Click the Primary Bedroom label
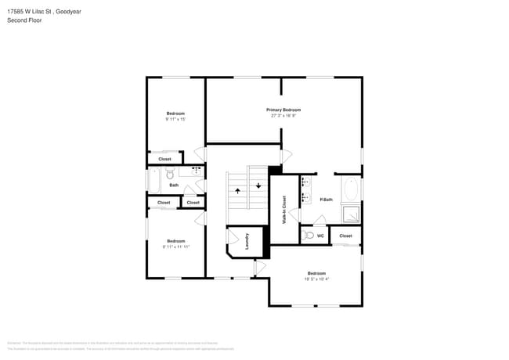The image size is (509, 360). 283,110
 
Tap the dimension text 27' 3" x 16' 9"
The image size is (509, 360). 283,116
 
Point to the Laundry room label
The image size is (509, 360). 247,241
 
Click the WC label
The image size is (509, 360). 320,235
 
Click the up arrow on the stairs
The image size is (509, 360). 238,190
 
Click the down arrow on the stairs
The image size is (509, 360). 258,185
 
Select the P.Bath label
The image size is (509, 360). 327,200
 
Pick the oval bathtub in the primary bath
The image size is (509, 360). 350,189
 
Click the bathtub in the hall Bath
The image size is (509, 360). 154,182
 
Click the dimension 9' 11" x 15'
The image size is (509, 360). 175,120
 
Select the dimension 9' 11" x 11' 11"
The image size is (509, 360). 176,247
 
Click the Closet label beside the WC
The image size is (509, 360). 345,235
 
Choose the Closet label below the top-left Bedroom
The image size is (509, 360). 164,159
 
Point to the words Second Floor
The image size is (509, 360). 24,20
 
